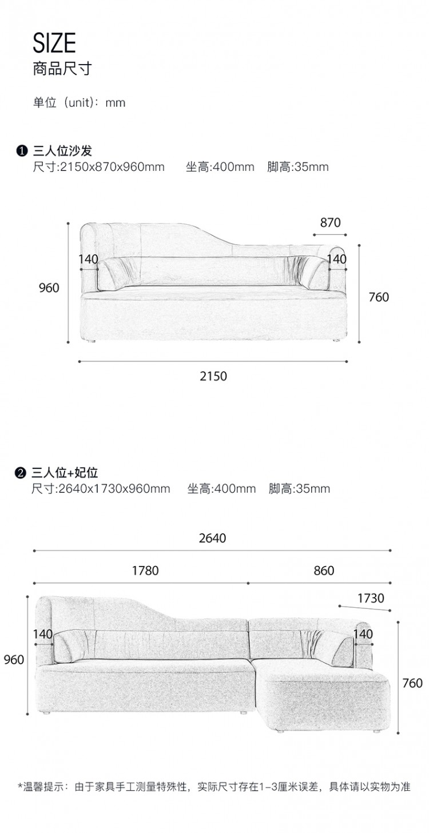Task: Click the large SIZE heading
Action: [54, 43]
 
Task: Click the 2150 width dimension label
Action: [213, 376]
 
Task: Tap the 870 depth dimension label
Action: [331, 223]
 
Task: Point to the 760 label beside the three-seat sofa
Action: [379, 297]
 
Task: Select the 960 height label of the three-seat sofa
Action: [49, 288]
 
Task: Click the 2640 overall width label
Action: [212, 538]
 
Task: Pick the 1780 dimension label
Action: [145, 571]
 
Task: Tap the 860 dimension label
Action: [324, 571]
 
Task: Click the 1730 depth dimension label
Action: [371, 598]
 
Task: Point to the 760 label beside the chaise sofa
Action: [412, 683]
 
